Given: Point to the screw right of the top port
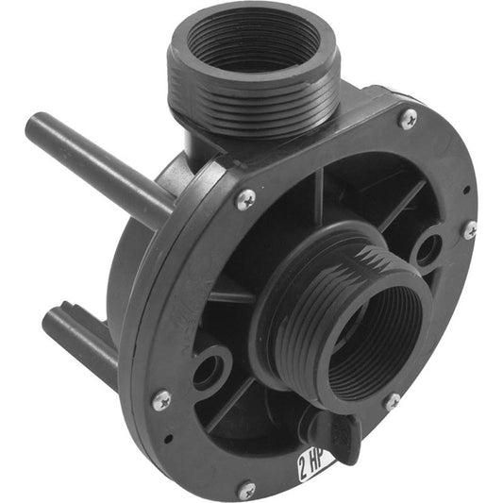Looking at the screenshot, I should click(x=408, y=118).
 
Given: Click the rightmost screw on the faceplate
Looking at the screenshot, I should click(x=469, y=229).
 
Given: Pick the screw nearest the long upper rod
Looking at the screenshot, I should click(x=244, y=198).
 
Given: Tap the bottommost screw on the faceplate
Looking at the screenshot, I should click(x=246, y=490).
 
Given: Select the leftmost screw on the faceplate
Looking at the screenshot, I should click(x=160, y=399).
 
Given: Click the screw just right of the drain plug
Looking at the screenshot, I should click(x=392, y=400).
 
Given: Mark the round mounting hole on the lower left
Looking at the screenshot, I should click(x=207, y=369).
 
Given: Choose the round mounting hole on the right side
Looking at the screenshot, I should click(x=428, y=249).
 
